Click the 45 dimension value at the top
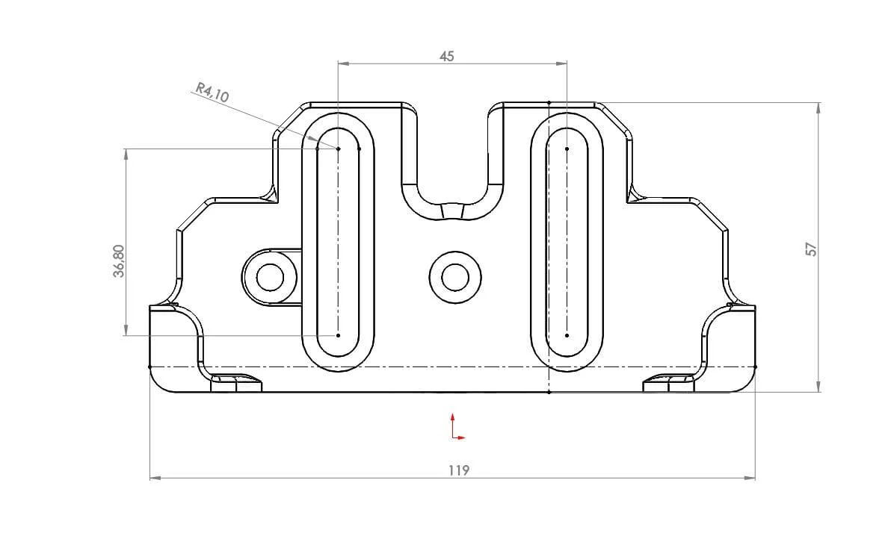(x=446, y=56)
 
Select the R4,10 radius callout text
(x=212, y=93)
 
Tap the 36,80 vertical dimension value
(x=119, y=261)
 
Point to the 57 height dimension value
(x=811, y=249)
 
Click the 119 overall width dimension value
(x=458, y=470)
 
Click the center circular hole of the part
(x=455, y=278)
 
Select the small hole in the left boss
(x=270, y=278)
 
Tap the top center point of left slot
(x=338, y=149)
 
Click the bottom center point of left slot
(x=338, y=335)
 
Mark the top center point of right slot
(x=567, y=149)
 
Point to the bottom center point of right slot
(x=567, y=335)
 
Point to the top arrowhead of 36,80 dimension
(x=126, y=154)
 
